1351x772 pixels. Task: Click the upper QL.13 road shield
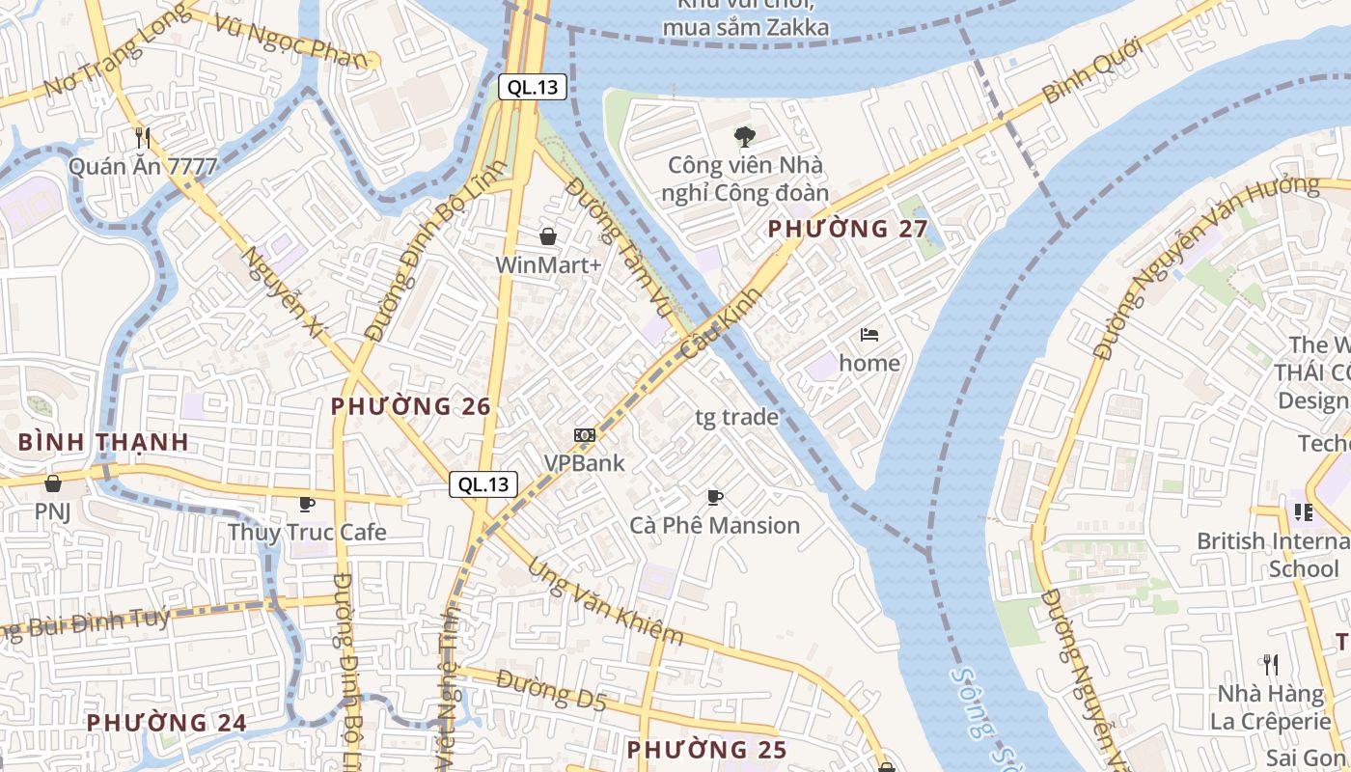(533, 87)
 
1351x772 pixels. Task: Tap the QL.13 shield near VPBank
(483, 484)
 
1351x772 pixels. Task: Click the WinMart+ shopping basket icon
(548, 236)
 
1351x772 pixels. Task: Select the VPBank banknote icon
(584, 435)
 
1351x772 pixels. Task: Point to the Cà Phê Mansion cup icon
(714, 497)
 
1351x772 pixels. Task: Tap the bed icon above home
(869, 335)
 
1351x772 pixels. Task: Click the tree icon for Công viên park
(745, 137)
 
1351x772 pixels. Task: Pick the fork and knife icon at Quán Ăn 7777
(143, 138)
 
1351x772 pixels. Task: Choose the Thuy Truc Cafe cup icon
(306, 504)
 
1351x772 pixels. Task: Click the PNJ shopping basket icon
(53, 482)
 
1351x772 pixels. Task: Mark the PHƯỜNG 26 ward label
(411, 406)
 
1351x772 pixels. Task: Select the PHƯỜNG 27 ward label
(847, 229)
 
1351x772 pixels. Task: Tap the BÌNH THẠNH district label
(103, 442)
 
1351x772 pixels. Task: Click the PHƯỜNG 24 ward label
(166, 722)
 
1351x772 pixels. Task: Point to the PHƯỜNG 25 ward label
(706, 749)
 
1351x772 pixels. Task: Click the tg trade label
(736, 417)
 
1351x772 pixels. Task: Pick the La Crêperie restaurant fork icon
(1271, 664)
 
